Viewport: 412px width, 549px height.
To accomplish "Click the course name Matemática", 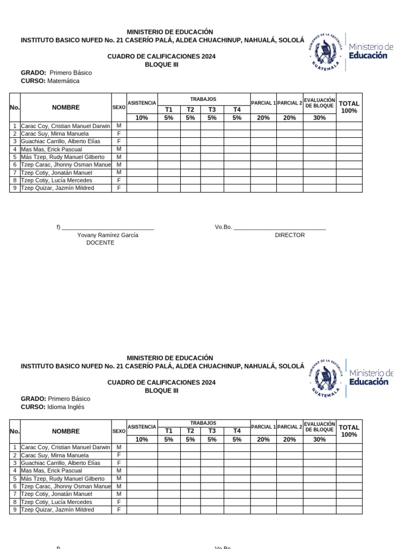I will [63, 81].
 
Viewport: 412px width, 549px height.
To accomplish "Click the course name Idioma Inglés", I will [66, 407].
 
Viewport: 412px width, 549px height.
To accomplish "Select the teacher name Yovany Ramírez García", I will [108, 235].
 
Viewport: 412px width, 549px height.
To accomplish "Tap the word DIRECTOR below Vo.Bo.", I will [290, 235].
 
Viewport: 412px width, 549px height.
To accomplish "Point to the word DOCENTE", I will [100, 243].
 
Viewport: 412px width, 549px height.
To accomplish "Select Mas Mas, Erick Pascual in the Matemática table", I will [51, 149].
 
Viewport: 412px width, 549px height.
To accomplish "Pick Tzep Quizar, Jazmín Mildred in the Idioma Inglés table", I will [57, 510].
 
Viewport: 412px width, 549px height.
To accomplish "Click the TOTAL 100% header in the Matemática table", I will [349, 107].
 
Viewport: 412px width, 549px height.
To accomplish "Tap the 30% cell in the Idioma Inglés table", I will [319, 439].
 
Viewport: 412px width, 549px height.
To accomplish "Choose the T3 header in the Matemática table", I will [212, 109].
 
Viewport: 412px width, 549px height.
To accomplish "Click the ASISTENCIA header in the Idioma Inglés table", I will [142, 427].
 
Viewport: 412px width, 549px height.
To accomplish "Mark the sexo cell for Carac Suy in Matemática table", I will [119, 133].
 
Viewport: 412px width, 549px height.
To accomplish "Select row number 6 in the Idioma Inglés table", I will [14, 486].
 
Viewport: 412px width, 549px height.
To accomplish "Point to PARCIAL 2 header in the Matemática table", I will [290, 102].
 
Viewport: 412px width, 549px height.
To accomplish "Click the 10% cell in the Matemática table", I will [142, 118].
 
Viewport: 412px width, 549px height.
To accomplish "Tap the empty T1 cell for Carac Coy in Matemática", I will [168, 126].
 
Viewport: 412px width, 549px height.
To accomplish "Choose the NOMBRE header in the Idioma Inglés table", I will [66, 431].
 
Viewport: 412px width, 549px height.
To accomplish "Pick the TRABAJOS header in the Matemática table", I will [203, 99].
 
